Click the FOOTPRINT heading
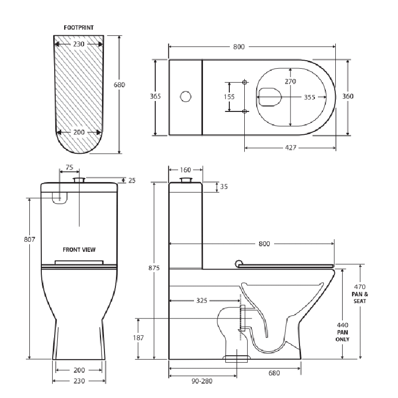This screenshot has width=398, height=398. pos(79,27)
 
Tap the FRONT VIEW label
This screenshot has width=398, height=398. pos(79,250)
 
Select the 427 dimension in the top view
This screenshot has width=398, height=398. pos(291,147)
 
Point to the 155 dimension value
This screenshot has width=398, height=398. pos(229,97)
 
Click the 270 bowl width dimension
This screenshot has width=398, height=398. pos(291,82)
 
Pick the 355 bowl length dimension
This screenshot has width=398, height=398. pos(309,97)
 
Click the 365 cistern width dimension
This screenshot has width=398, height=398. pos(155,96)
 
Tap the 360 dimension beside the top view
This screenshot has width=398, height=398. pos(348,96)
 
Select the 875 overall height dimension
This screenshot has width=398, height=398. pos(154,268)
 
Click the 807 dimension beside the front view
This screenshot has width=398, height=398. pos(29,239)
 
